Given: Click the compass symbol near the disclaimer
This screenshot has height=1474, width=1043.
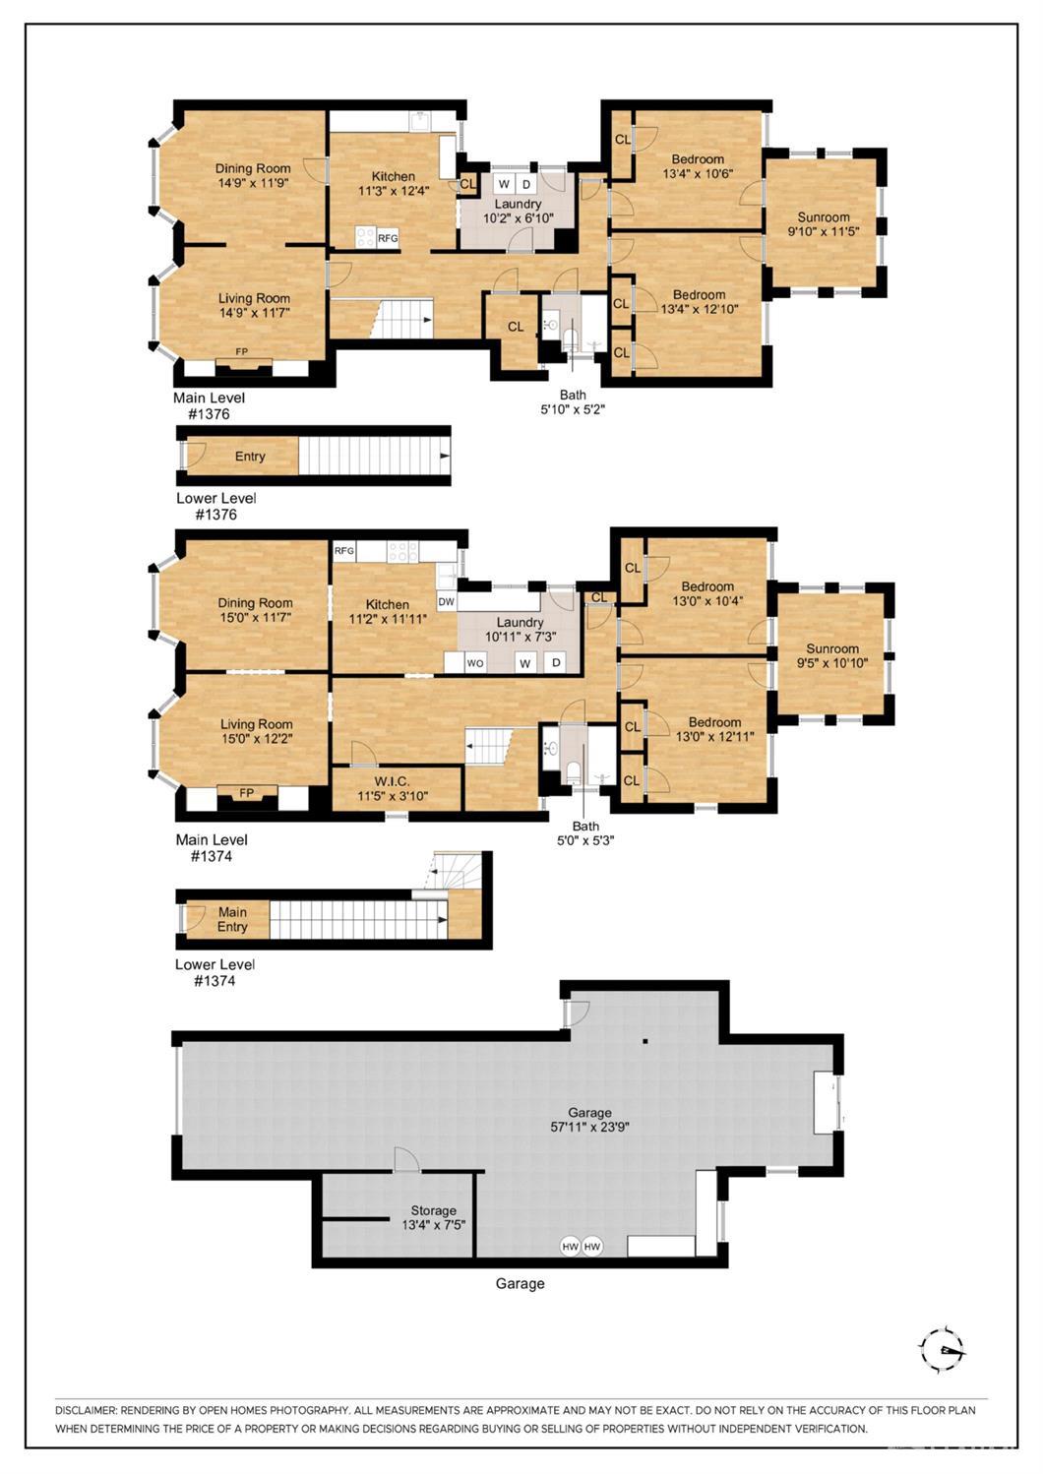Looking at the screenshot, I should pos(942,1348).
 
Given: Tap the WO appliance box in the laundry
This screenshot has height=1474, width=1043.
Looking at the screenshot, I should pos(475,663).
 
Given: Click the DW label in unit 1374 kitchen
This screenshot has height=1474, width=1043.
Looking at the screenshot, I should pos(446,601).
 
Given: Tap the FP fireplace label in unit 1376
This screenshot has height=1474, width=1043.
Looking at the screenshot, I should pos(241,351).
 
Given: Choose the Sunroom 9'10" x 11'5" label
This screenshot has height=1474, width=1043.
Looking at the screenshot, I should pos(824,224).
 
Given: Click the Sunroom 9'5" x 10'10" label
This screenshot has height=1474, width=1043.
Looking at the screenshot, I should pos(832,655).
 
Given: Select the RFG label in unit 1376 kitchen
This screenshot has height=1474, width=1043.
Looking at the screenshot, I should pos(388,238).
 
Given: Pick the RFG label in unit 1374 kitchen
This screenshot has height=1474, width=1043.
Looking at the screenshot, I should pos(343,551).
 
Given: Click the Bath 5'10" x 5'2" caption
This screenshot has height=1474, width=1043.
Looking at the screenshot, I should pos(573,402).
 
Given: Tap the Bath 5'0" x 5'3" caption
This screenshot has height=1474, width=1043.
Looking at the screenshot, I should pos(585,833).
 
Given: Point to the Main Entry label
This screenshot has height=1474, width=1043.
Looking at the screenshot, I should pos(232,919).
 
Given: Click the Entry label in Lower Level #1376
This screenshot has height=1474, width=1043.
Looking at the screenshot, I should pos(250,457).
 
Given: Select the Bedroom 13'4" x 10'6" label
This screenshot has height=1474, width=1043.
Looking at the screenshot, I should pos(698,166).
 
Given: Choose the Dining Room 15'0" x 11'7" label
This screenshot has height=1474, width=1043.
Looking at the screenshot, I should pos(255,610).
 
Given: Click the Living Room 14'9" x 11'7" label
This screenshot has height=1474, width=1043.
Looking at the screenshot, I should pos(254,305).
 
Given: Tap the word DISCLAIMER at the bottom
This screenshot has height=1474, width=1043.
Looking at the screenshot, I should pos(86,1410).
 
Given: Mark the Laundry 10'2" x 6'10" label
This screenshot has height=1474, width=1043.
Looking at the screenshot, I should pos(518,211).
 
